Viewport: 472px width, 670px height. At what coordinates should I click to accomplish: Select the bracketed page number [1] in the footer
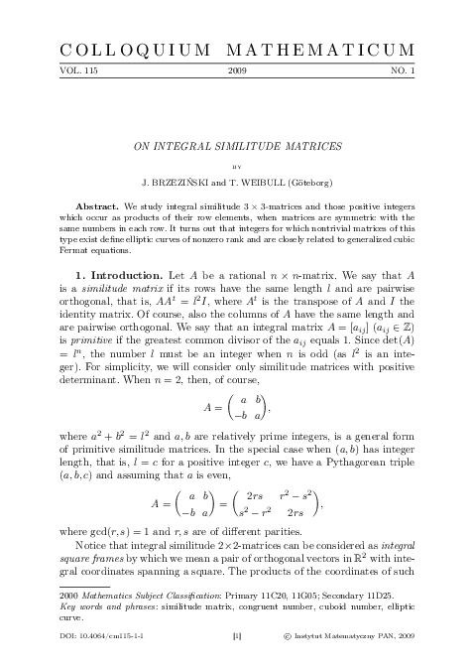click(236, 660)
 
